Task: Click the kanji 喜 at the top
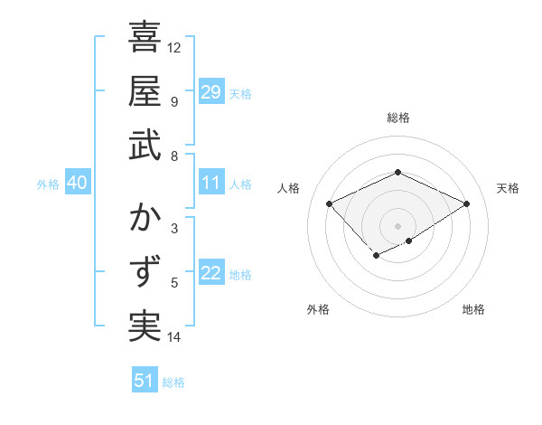point(145,38)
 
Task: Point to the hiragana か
point(145,219)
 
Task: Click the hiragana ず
point(145,272)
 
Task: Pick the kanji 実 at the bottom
point(145,326)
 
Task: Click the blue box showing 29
point(210,92)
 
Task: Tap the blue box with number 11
point(210,183)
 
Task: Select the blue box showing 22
point(210,273)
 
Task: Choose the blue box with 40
point(77,183)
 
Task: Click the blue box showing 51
point(145,381)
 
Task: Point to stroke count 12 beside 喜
point(174,47)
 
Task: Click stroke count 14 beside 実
point(174,337)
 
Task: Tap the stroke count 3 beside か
point(173,228)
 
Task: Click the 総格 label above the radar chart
point(398,118)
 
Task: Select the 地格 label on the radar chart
point(473,310)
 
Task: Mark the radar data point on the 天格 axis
point(466,204)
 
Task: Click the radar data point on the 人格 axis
point(330,204)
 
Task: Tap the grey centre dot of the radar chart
point(398,225)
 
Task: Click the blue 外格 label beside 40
point(48,184)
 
